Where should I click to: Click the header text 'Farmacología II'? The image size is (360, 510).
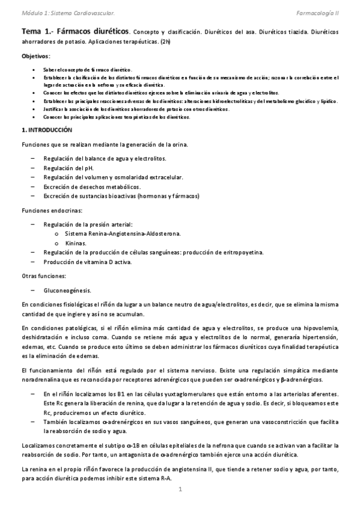tap(318, 12)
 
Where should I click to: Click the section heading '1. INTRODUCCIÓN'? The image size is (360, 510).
tap(46, 130)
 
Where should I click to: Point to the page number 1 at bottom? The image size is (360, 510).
tap(180, 490)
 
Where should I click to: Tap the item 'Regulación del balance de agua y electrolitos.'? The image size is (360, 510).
tap(105, 158)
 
